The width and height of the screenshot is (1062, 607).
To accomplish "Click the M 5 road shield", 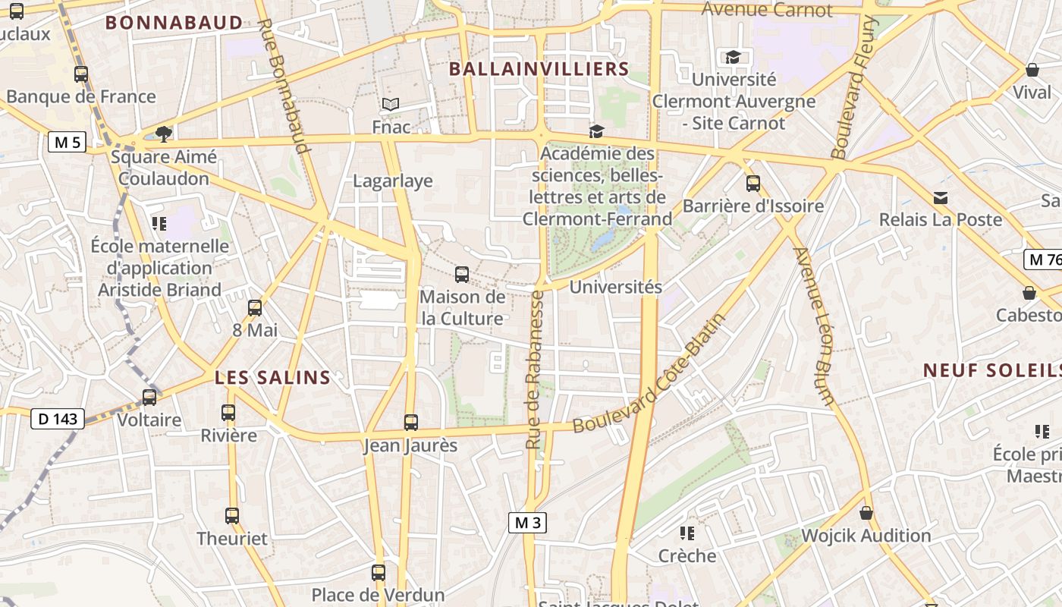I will (x=67, y=142).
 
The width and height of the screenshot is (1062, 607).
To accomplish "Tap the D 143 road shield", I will (x=58, y=418).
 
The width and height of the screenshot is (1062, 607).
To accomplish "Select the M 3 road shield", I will (x=527, y=522).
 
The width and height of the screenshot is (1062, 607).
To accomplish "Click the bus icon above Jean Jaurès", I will (x=411, y=423).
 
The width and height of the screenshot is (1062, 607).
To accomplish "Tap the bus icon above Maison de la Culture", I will (x=462, y=275).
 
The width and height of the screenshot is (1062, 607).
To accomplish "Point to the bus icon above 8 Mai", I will (x=255, y=308).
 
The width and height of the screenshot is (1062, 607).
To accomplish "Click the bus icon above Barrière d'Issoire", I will (x=753, y=184).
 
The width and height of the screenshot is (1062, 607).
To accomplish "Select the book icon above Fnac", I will (x=391, y=105).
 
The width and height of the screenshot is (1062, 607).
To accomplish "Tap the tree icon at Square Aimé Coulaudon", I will (x=163, y=134).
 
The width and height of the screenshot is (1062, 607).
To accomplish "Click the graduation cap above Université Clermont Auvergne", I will (x=733, y=57).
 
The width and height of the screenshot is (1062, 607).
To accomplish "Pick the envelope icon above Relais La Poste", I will (x=941, y=198).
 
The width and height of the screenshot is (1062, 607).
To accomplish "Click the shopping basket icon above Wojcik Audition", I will (x=866, y=514).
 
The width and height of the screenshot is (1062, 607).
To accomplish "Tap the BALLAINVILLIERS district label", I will (x=539, y=69).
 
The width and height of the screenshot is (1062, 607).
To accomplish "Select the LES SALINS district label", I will (x=273, y=377).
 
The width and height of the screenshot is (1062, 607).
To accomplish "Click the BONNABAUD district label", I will (x=174, y=23).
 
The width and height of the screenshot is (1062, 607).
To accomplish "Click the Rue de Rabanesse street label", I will (x=536, y=369).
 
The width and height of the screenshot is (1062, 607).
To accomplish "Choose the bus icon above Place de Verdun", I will (x=379, y=573).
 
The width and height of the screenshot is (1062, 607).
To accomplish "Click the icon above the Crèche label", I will (x=687, y=533).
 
